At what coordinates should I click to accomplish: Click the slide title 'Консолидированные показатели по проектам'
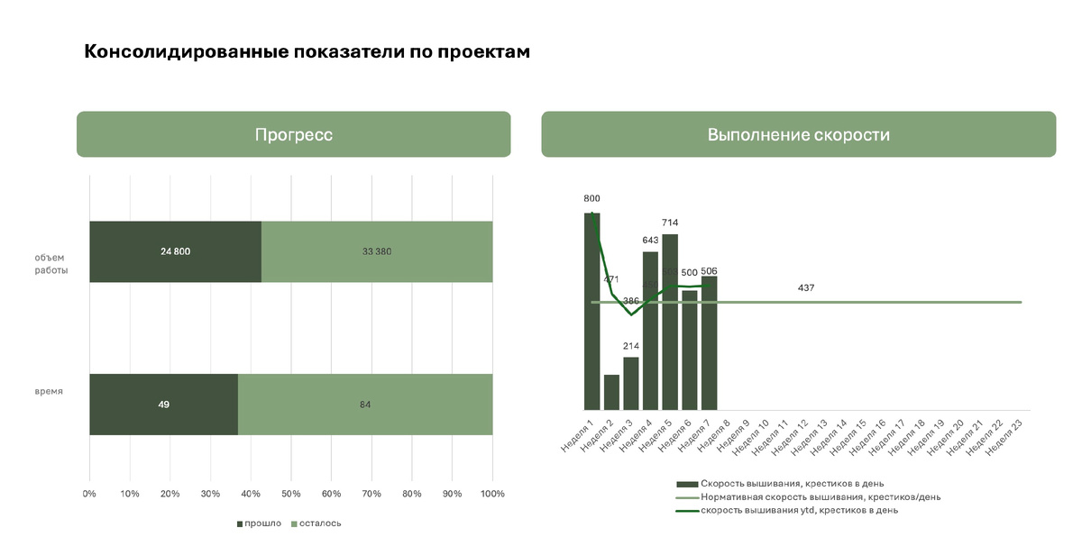tap(307, 52)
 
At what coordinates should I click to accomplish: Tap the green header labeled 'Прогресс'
tap(293, 135)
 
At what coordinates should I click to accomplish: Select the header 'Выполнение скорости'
tap(798, 135)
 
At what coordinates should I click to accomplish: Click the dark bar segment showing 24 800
tap(175, 251)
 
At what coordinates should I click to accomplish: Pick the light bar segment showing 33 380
tap(377, 251)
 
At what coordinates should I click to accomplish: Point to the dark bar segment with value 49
tap(163, 405)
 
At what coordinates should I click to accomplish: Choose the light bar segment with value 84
tap(365, 405)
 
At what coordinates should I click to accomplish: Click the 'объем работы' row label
tap(51, 264)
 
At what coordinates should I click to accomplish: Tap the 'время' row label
tap(49, 391)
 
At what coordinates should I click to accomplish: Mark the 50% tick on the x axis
tap(290, 494)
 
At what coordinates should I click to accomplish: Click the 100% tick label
tap(491, 494)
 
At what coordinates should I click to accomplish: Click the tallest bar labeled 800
tap(591, 311)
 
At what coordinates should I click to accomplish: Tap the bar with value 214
tap(630, 383)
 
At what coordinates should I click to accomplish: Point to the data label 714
tap(669, 223)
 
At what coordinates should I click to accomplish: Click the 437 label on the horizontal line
tap(806, 288)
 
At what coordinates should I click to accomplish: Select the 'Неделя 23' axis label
tap(1005, 434)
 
